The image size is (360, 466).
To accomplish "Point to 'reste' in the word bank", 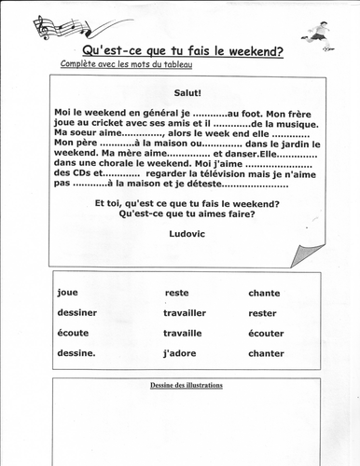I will [176, 293].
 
